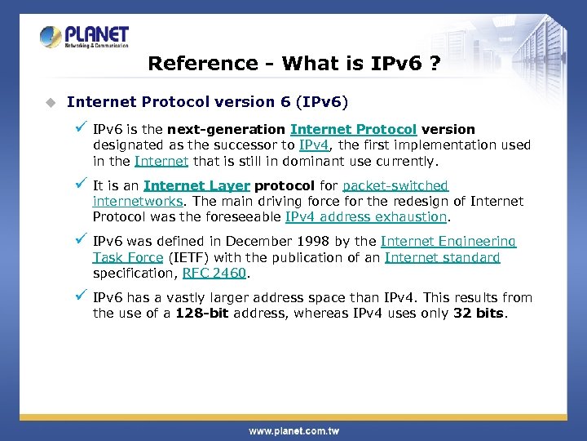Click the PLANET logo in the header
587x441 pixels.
tap(84, 37)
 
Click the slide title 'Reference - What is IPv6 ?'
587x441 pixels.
tap(294, 64)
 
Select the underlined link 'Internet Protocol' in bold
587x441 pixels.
tap(353, 129)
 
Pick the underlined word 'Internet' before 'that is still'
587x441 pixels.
tap(161, 161)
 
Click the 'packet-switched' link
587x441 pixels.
tap(395, 185)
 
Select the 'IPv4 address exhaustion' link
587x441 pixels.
tap(366, 216)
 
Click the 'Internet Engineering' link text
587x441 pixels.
tap(448, 241)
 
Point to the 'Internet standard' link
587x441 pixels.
tap(442, 257)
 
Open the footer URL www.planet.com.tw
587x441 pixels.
tap(294, 430)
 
